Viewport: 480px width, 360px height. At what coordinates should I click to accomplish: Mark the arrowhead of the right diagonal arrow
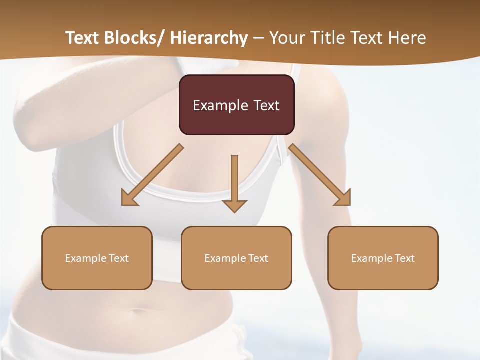click(x=344, y=199)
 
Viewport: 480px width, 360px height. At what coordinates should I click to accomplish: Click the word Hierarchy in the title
click(x=209, y=38)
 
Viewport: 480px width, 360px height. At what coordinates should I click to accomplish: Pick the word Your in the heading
click(x=286, y=38)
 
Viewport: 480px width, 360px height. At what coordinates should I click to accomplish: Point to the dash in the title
click(x=258, y=38)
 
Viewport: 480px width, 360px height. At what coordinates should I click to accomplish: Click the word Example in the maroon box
click(x=220, y=105)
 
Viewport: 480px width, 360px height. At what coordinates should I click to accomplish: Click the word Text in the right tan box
click(x=404, y=258)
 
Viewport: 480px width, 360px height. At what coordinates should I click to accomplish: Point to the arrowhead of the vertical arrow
click(x=234, y=206)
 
